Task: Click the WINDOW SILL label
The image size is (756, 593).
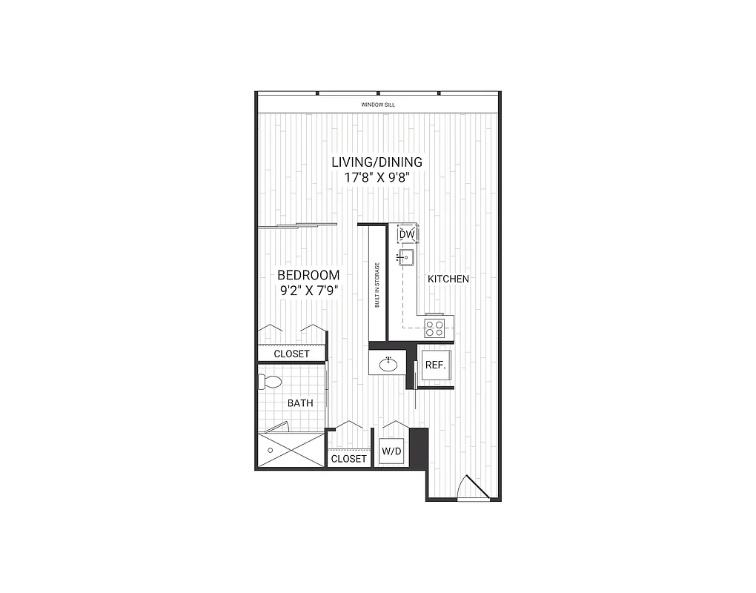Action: [x=378, y=105]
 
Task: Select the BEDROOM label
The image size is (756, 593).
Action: [x=308, y=275]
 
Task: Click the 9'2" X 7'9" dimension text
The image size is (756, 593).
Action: [x=308, y=291]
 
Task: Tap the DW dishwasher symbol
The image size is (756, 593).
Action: [x=407, y=235]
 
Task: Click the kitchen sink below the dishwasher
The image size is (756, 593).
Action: [x=407, y=258]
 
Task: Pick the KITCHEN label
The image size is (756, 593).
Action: [x=448, y=279]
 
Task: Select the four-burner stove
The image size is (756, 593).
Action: [x=435, y=327]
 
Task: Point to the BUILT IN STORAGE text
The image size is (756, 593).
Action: [x=377, y=285]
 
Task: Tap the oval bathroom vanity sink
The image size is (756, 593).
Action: [x=388, y=364]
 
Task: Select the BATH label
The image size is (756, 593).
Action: [x=300, y=403]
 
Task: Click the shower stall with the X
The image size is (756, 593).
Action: [x=291, y=450]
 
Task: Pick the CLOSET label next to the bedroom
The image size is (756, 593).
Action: [x=291, y=354]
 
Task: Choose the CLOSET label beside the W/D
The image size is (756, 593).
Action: [x=348, y=459]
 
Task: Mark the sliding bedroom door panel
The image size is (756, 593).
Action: [x=296, y=225]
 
